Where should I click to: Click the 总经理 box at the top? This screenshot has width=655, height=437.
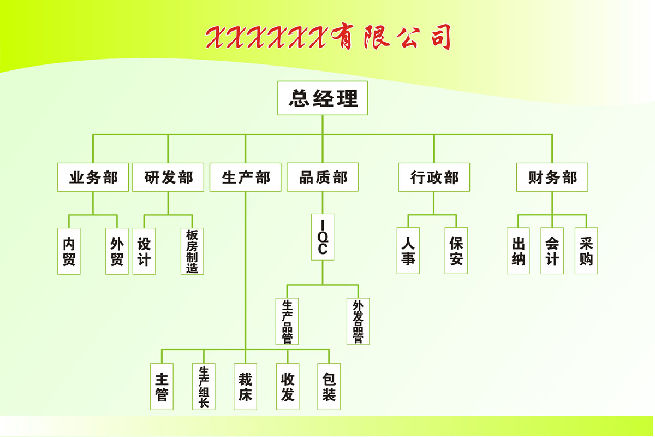click(x=323, y=98)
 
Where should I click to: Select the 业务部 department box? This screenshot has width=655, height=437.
click(x=93, y=177)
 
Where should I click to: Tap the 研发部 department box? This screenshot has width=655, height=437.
click(x=168, y=177)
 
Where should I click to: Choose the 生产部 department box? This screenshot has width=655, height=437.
click(x=246, y=177)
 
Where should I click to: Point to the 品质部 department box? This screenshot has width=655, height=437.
click(x=323, y=177)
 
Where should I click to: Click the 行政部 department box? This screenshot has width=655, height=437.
click(x=434, y=177)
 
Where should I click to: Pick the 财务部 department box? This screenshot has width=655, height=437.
click(x=552, y=177)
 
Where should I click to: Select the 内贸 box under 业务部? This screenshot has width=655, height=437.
click(x=69, y=251)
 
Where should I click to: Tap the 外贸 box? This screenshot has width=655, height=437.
click(x=117, y=251)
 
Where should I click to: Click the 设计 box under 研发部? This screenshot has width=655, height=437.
click(x=144, y=251)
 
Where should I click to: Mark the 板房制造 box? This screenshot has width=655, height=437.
click(x=192, y=251)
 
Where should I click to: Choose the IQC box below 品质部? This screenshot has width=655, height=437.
click(x=323, y=237)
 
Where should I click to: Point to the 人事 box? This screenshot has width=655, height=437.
click(x=408, y=251)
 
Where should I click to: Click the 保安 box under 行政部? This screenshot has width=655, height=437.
click(x=456, y=251)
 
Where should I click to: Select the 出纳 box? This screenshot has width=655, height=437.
click(x=518, y=251)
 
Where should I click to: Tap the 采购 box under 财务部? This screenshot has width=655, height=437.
click(x=586, y=251)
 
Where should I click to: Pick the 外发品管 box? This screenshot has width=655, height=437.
click(x=358, y=321)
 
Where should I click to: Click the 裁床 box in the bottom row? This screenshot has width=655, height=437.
click(x=245, y=387)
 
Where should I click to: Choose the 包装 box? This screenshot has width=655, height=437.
click(x=329, y=387)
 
